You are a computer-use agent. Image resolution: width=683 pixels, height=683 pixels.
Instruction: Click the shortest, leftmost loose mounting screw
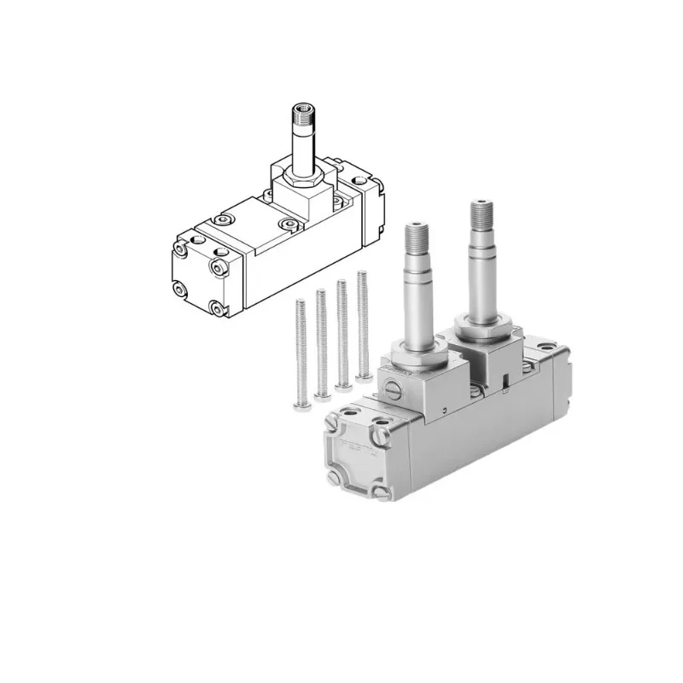tap(301, 350)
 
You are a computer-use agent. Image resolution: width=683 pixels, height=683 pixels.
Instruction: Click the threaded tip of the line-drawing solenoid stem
tap(301, 111)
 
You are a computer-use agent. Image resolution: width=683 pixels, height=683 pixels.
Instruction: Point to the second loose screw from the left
tap(322, 341)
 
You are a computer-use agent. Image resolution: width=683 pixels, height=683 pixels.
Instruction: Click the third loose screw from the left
tap(341, 333)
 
